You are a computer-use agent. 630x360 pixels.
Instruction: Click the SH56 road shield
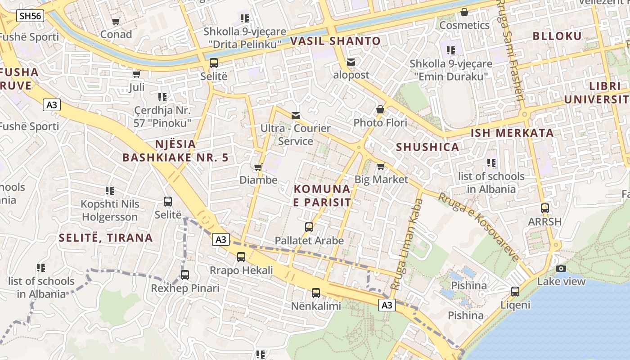click(31, 16)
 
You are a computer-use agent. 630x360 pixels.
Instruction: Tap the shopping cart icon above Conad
click(116, 21)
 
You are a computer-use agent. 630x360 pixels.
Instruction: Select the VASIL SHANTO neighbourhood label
click(335, 41)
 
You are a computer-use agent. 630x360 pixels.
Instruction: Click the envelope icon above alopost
click(351, 62)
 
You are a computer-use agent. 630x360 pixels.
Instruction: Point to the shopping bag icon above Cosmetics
click(464, 12)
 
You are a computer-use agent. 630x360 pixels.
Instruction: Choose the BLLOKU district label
click(557, 36)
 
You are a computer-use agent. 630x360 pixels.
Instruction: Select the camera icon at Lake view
click(561, 268)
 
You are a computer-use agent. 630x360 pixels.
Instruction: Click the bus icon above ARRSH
click(545, 208)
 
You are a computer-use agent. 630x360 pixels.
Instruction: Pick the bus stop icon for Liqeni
click(515, 292)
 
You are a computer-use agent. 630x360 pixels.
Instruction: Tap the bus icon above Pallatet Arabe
click(309, 227)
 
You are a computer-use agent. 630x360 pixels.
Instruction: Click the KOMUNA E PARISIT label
click(322, 195)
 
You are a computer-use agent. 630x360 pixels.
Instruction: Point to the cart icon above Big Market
click(381, 166)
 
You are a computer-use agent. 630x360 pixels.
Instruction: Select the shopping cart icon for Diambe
click(258, 167)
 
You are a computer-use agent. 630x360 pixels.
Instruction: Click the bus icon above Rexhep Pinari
click(185, 275)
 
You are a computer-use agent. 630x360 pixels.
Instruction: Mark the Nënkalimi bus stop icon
click(316, 293)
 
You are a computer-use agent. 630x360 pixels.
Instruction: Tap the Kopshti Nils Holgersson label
click(110, 211)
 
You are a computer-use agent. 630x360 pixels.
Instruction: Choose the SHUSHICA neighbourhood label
click(427, 147)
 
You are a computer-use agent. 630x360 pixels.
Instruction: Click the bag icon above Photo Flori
click(380, 109)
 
